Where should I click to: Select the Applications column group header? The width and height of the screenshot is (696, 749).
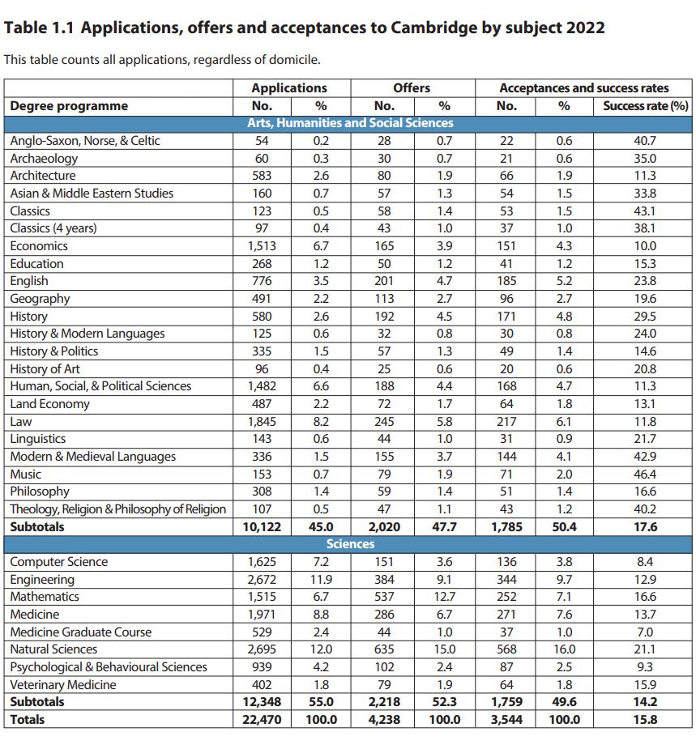(x=289, y=87)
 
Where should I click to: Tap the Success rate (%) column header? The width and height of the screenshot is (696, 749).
(x=645, y=105)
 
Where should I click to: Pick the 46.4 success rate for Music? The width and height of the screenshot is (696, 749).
(x=645, y=474)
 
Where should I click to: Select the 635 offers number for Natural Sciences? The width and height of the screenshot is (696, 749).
(x=384, y=649)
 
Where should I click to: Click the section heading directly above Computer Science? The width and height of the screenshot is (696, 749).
(x=350, y=544)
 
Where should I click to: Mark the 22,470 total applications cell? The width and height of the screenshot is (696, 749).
(x=262, y=719)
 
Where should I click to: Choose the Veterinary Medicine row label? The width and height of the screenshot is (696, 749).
(x=62, y=684)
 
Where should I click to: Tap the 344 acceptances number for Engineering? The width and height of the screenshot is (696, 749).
(x=506, y=579)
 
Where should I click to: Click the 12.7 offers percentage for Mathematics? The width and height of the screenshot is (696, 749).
(x=444, y=597)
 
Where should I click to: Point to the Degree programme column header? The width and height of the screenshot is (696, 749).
(x=69, y=105)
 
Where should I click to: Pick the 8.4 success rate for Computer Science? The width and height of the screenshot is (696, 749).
(x=645, y=562)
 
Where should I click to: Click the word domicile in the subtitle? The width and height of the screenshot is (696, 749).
(x=295, y=60)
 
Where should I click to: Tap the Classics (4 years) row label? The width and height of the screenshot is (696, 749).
(x=53, y=228)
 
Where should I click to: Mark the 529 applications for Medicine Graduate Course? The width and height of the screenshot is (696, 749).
(x=262, y=632)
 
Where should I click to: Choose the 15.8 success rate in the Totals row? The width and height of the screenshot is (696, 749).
(x=645, y=719)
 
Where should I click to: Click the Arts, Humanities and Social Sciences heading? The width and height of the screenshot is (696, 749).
(x=350, y=123)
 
